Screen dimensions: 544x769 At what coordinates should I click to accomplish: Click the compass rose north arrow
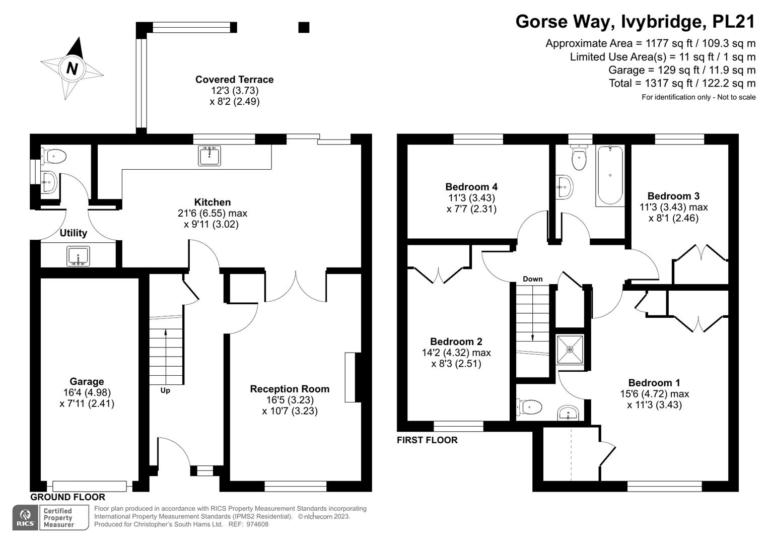pyautogui.click(x=72, y=67)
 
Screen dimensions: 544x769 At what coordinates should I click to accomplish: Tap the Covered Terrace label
pyautogui.click(x=234, y=80)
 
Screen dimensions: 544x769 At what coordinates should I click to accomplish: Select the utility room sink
pyautogui.click(x=78, y=256)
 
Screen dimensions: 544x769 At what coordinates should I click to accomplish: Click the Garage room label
pyautogui.click(x=87, y=382)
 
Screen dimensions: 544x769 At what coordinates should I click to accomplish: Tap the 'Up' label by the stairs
pyautogui.click(x=165, y=390)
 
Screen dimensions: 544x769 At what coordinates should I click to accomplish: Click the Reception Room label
pyautogui.click(x=290, y=389)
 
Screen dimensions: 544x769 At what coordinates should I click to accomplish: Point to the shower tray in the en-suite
pyautogui.click(x=570, y=349)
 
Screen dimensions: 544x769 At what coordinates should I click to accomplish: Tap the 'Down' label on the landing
pyautogui.click(x=532, y=279)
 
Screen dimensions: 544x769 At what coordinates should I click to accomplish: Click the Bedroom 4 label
pyautogui.click(x=471, y=187)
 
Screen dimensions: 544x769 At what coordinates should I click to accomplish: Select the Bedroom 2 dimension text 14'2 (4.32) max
pyautogui.click(x=456, y=353)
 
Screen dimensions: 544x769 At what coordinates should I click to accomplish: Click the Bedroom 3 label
pyautogui.click(x=673, y=196)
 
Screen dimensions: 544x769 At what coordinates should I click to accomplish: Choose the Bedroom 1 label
pyautogui.click(x=654, y=383)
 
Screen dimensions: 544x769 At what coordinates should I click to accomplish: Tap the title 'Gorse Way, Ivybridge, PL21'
pyautogui.click(x=635, y=22)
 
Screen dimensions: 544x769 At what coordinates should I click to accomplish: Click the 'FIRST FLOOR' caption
pyautogui.click(x=427, y=440)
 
